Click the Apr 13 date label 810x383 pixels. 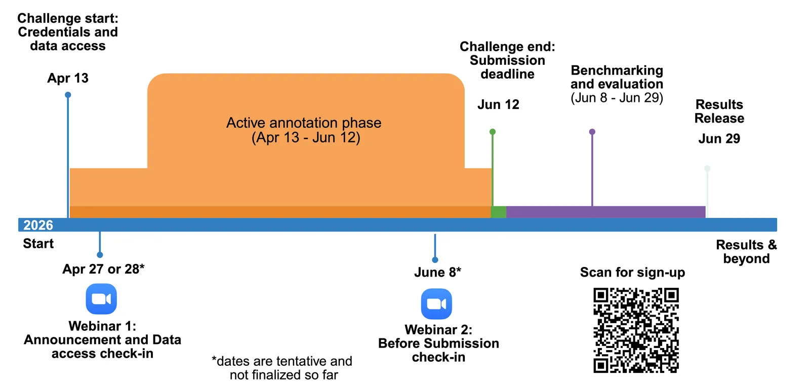(x=68, y=78)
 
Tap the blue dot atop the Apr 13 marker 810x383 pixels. (x=68, y=95)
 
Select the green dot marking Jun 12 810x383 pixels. (x=493, y=132)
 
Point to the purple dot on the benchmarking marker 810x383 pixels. (x=592, y=132)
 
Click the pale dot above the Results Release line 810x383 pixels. (x=707, y=168)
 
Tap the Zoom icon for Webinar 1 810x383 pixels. (x=101, y=299)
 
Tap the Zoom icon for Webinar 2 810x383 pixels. (x=436, y=303)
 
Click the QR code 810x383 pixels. (x=636, y=330)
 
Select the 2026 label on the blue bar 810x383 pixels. (x=38, y=225)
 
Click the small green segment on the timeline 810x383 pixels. (x=499, y=212)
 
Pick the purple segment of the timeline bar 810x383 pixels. (x=605, y=212)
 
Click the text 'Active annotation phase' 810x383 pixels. (x=304, y=123)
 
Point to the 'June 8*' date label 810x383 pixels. (x=437, y=272)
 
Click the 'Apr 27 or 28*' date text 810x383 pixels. (x=103, y=269)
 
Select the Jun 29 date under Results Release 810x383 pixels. (x=719, y=138)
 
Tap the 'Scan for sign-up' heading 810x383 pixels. (x=632, y=272)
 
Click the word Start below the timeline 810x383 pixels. (x=38, y=244)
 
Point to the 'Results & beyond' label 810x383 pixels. (x=746, y=251)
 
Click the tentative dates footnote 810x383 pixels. (x=282, y=368)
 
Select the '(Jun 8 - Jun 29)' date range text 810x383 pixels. (x=617, y=98)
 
